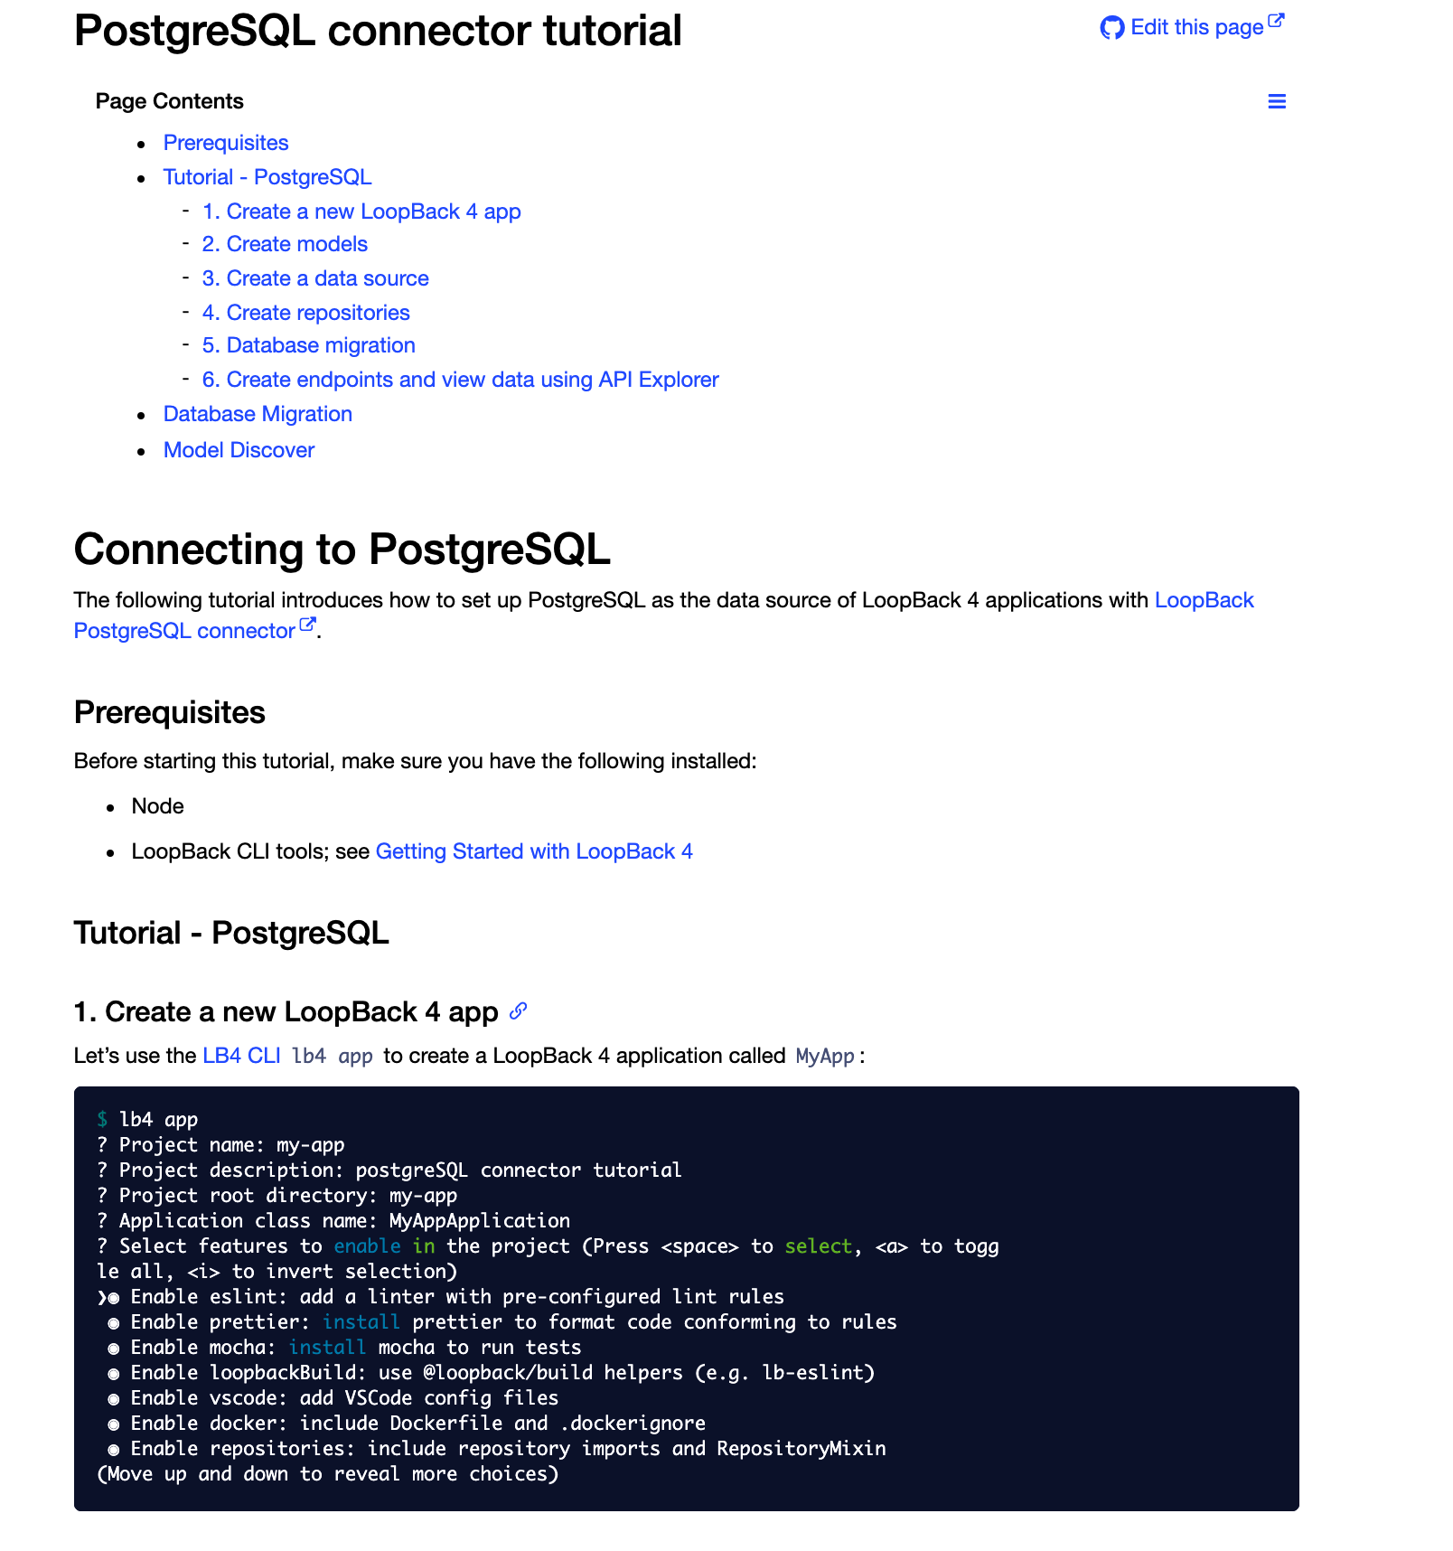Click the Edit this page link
click(x=1195, y=27)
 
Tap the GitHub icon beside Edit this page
click(x=1111, y=28)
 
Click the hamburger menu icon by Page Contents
click(x=1276, y=101)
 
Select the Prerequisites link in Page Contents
click(x=226, y=143)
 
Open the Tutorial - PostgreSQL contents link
click(x=267, y=177)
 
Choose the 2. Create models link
click(x=285, y=244)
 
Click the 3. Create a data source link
click(x=315, y=278)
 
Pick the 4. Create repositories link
click(x=305, y=313)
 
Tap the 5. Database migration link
click(x=308, y=345)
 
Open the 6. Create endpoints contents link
click(x=460, y=380)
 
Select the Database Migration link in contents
click(x=258, y=414)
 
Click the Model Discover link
click(x=239, y=450)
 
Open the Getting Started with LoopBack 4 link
click(x=534, y=851)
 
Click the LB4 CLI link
click(x=241, y=1056)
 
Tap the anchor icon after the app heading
click(x=518, y=1011)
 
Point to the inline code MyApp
click(x=825, y=1056)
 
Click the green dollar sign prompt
click(x=102, y=1120)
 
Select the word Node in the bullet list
click(x=157, y=806)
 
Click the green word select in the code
click(x=818, y=1246)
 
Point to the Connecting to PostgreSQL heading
click(x=342, y=549)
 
